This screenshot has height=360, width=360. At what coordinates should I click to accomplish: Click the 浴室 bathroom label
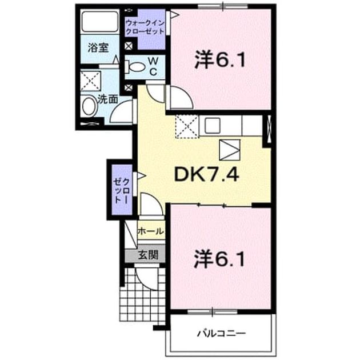98,47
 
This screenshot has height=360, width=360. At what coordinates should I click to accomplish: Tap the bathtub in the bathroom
100,21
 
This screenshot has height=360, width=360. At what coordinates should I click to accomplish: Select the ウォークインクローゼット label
145,27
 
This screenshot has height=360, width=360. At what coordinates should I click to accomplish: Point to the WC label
153,67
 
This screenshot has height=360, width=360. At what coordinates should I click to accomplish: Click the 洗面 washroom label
107,99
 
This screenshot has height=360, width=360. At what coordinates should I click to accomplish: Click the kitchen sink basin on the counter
213,125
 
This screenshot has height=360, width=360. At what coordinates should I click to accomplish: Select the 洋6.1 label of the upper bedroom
220,60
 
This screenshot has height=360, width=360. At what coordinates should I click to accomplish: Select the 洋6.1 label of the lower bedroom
219,259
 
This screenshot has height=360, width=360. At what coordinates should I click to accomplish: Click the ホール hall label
151,231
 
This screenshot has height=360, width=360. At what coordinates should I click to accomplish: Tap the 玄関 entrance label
148,255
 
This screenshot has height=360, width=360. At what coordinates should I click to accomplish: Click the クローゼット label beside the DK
122,191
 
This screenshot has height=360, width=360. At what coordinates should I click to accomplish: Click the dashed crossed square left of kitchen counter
187,126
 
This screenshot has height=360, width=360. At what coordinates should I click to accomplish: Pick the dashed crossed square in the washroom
91,81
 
